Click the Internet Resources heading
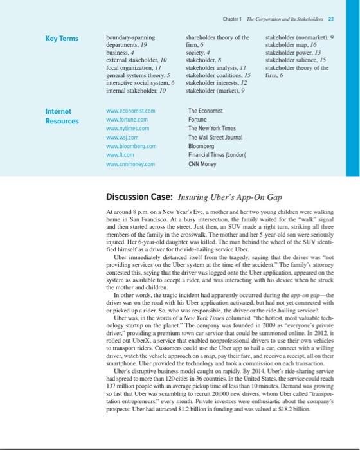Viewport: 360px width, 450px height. tap(63, 116)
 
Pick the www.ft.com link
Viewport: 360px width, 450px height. tap(120, 154)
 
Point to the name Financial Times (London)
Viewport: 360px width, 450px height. tap(215, 154)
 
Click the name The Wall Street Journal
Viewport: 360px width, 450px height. tap(215, 137)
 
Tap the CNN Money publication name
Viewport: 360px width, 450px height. tap(202, 163)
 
